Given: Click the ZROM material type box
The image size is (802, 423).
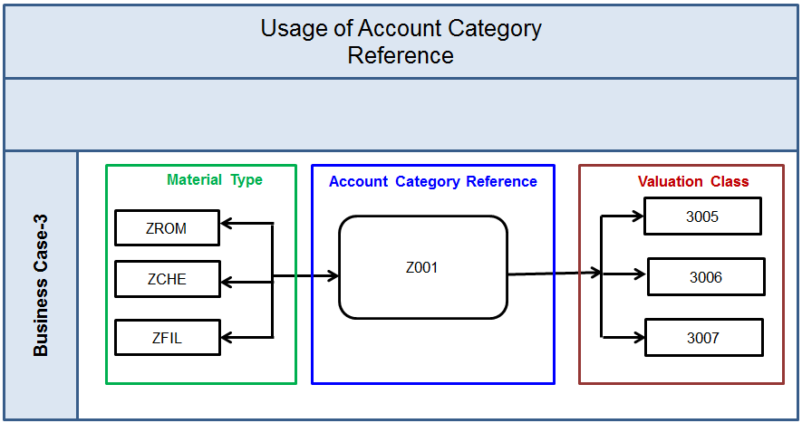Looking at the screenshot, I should (167, 228).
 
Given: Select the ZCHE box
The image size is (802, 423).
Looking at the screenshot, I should (167, 279).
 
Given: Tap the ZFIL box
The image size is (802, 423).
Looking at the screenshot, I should (167, 338).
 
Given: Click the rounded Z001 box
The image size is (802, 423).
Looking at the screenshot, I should (422, 267).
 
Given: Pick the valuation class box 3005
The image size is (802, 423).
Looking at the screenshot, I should (702, 216).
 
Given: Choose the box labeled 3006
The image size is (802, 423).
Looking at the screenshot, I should (705, 277).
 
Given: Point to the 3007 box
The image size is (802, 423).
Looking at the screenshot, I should (702, 338).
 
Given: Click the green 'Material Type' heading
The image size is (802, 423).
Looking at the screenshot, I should (215, 180).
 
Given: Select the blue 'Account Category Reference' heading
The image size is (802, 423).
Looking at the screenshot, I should (432, 181).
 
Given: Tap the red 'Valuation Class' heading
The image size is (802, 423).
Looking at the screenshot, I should (693, 181).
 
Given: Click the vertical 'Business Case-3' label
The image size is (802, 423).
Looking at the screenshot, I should (41, 285).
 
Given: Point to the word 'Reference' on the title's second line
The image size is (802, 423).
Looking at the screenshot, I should (401, 55).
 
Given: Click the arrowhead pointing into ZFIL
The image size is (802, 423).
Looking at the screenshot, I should (227, 337).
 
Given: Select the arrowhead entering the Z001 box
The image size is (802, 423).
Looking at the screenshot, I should (333, 275).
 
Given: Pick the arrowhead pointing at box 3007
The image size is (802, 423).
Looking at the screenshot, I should (638, 337).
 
